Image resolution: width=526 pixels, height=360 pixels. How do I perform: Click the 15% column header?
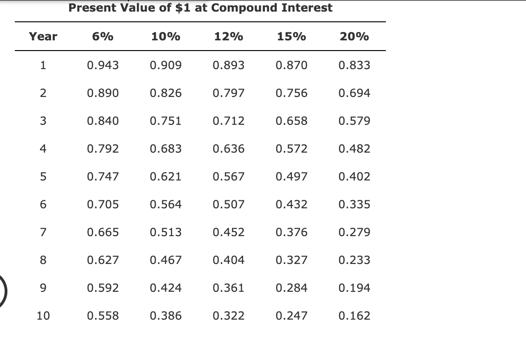click(291, 37)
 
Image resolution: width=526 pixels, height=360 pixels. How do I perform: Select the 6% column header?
click(103, 37)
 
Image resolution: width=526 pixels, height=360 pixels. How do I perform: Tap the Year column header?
click(43, 37)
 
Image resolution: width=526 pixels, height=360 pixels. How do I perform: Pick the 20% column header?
click(354, 37)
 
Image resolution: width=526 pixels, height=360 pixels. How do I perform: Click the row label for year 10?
click(43, 316)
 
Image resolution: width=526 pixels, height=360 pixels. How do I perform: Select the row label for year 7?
click(43, 232)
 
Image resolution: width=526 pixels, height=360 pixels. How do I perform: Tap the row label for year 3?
click(43, 121)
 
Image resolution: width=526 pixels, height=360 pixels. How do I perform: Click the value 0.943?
click(103, 65)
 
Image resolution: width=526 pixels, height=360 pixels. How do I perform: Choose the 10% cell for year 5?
click(166, 177)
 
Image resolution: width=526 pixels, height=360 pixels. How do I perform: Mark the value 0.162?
click(354, 316)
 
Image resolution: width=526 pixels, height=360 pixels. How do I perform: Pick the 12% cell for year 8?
click(228, 260)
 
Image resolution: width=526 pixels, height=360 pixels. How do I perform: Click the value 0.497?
click(291, 177)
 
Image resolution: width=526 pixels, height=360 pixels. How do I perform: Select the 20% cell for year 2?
click(354, 93)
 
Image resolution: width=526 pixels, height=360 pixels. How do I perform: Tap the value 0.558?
click(103, 316)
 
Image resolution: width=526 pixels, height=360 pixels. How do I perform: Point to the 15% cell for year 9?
click(291, 288)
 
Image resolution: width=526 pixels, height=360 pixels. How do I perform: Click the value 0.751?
click(166, 121)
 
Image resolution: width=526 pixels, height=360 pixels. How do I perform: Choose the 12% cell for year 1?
click(228, 65)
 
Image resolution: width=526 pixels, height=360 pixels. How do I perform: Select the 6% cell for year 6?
click(103, 205)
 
